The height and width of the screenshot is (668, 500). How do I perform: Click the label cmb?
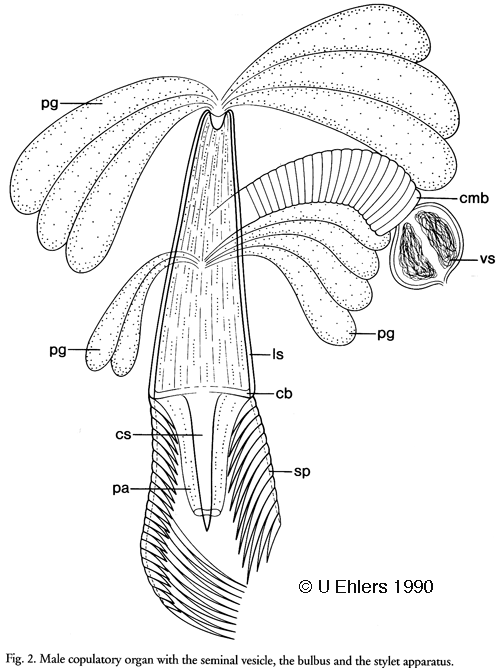click(474, 199)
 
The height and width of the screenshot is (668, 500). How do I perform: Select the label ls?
click(277, 354)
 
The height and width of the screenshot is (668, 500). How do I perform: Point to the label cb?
click(284, 394)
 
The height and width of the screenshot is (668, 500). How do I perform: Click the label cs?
click(124, 435)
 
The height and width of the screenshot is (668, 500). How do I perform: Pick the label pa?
click(121, 489)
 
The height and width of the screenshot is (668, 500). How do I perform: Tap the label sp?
click(302, 472)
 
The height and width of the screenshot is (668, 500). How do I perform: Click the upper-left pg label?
click(50, 104)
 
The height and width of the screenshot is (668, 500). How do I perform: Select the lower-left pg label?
click(58, 351)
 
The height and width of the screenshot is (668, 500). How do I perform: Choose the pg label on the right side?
click(386, 334)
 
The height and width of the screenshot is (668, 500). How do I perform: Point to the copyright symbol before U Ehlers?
click(305, 587)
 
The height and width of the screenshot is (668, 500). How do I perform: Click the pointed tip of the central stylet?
click(207, 530)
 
